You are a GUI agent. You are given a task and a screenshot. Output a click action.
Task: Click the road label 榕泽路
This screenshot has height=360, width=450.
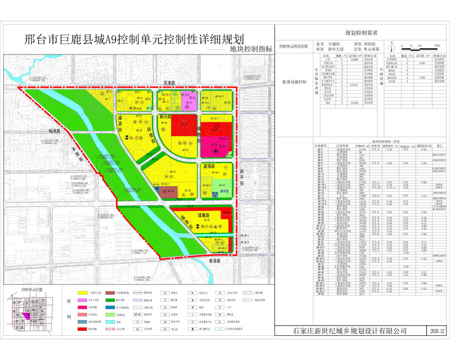(x=55, y=130)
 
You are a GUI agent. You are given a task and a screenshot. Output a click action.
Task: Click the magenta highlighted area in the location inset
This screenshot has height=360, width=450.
(x=25, y=314)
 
